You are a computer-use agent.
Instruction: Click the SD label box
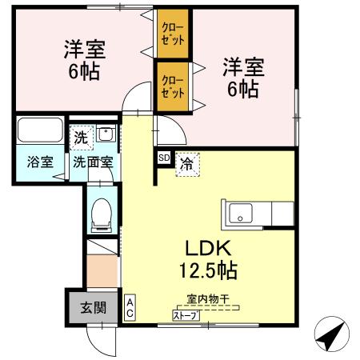click(163, 158)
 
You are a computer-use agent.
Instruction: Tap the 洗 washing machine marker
click(81, 136)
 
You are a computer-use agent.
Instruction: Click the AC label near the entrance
click(130, 307)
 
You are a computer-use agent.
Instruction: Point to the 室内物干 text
click(207, 298)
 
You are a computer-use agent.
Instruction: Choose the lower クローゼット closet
click(172, 86)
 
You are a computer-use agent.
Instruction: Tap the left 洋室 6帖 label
click(85, 58)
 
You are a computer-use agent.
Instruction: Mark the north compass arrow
click(331, 334)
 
